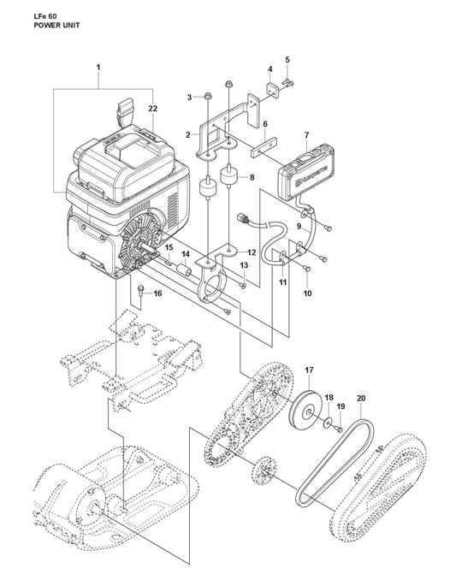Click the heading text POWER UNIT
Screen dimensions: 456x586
click(56, 26)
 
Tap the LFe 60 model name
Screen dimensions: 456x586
click(45, 16)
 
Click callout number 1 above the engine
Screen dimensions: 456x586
click(98, 68)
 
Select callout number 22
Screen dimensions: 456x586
click(152, 109)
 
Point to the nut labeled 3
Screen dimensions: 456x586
click(208, 97)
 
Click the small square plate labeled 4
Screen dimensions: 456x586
click(272, 90)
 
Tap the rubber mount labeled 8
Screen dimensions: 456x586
click(229, 176)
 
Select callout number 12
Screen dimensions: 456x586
click(252, 252)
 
